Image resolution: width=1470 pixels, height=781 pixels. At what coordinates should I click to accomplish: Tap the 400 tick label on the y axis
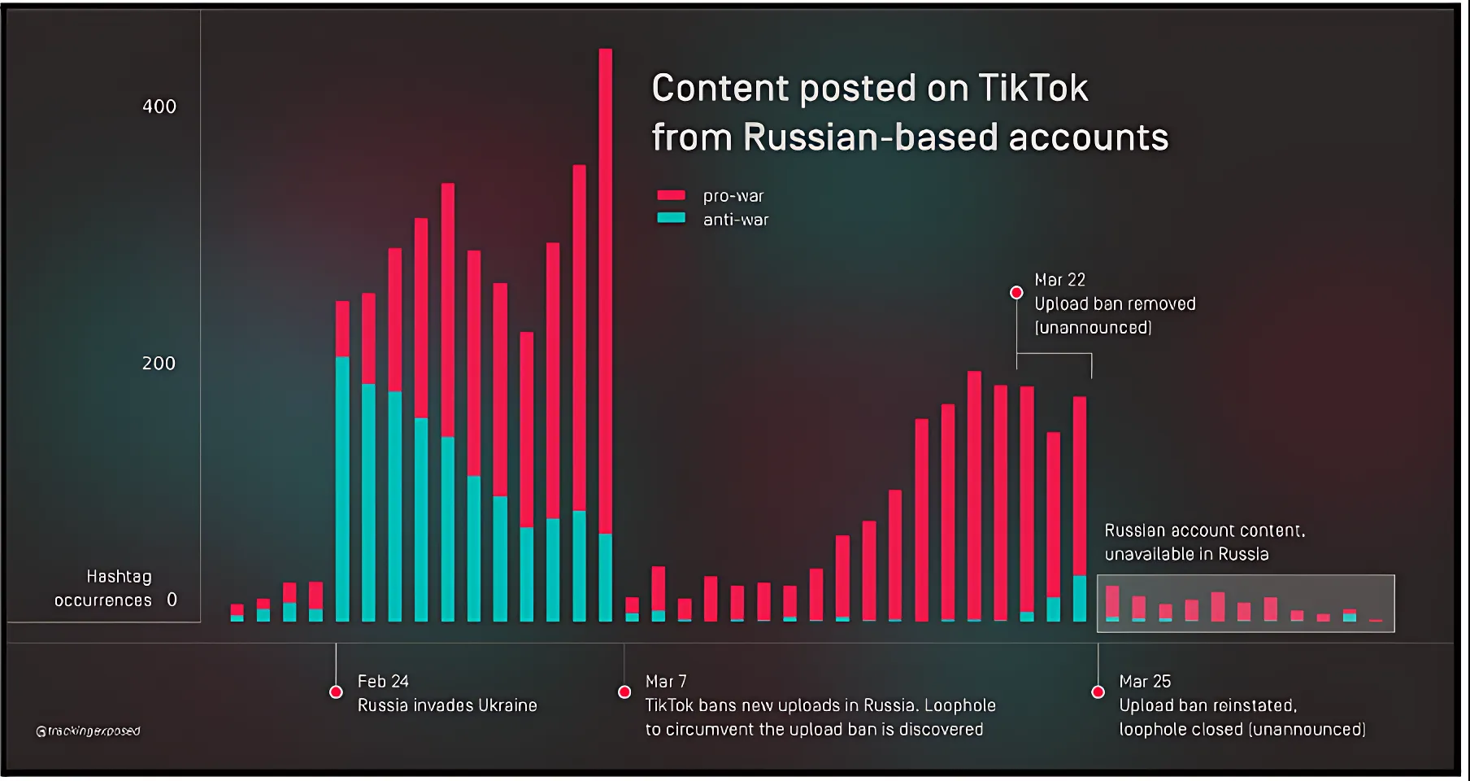pos(159,107)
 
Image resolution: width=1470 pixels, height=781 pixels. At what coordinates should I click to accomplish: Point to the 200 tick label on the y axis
pos(159,364)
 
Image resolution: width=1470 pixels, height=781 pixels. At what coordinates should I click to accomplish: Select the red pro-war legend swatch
pos(671,195)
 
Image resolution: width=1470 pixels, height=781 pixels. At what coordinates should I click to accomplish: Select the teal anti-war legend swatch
pos(671,218)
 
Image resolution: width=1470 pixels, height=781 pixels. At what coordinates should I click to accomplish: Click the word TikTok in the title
pos(1033,88)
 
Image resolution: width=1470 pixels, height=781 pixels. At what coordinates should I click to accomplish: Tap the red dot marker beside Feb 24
pos(336,692)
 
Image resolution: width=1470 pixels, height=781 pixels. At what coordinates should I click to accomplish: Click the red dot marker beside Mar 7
pos(624,692)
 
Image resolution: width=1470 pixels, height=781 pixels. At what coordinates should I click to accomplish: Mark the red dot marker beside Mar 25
pos(1098,692)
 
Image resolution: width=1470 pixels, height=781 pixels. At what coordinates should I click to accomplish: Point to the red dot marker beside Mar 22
pos(1016,292)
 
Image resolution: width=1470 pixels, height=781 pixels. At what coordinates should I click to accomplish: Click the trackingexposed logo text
pos(89,731)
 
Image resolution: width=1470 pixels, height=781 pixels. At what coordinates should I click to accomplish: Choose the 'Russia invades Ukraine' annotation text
pos(447,705)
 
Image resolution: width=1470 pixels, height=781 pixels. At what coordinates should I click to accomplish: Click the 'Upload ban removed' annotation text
pos(1115,304)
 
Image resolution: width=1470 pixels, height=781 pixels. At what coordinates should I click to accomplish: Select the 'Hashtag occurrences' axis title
pos(104,588)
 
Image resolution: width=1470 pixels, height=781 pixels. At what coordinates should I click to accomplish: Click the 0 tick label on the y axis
pos(172,600)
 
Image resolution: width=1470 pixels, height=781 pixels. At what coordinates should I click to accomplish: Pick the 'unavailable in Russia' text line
pos(1186,554)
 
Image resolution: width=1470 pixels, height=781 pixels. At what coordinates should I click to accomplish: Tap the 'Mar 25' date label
pos(1145,682)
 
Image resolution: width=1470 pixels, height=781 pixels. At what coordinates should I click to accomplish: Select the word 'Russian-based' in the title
pos(869,137)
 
